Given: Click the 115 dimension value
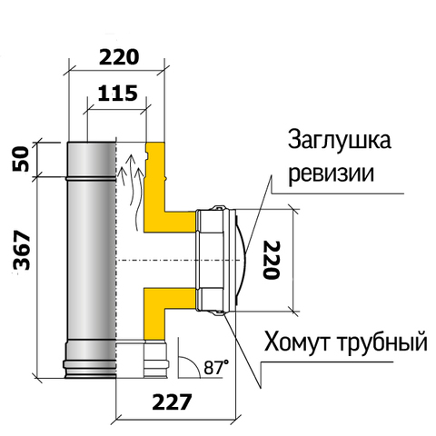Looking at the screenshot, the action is pyautogui.click(x=118, y=94).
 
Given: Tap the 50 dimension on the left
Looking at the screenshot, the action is pyautogui.click(x=22, y=159).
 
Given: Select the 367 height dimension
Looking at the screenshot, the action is pyautogui.click(x=22, y=250).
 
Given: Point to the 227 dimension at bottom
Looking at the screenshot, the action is pyautogui.click(x=172, y=401).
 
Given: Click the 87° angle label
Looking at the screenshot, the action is pyautogui.click(x=216, y=367).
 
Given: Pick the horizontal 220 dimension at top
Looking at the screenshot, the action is pyautogui.click(x=119, y=57).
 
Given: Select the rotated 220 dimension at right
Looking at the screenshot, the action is pyautogui.click(x=272, y=260).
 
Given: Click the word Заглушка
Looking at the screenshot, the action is pyautogui.click(x=339, y=141).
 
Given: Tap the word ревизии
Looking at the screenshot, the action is pyautogui.click(x=331, y=173).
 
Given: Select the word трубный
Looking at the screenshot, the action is pyautogui.click(x=381, y=343).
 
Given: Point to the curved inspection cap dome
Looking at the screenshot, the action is pyautogui.click(x=242, y=260).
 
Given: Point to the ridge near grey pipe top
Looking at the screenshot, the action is pyautogui.click(x=91, y=179).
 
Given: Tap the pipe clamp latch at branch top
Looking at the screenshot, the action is pyautogui.click(x=219, y=208).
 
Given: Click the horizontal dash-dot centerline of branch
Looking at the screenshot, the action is pyautogui.click(x=180, y=260).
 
